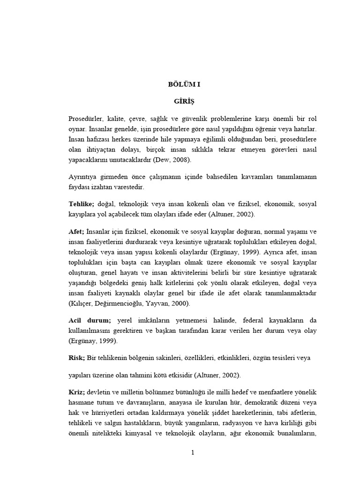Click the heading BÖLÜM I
pos(184,84)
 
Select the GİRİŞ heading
pos(184,101)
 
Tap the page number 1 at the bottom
pos(193,452)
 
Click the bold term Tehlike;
pos(82,204)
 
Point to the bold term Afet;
pos(76,231)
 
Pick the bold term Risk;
pos(76,357)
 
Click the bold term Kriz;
pos(76,391)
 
